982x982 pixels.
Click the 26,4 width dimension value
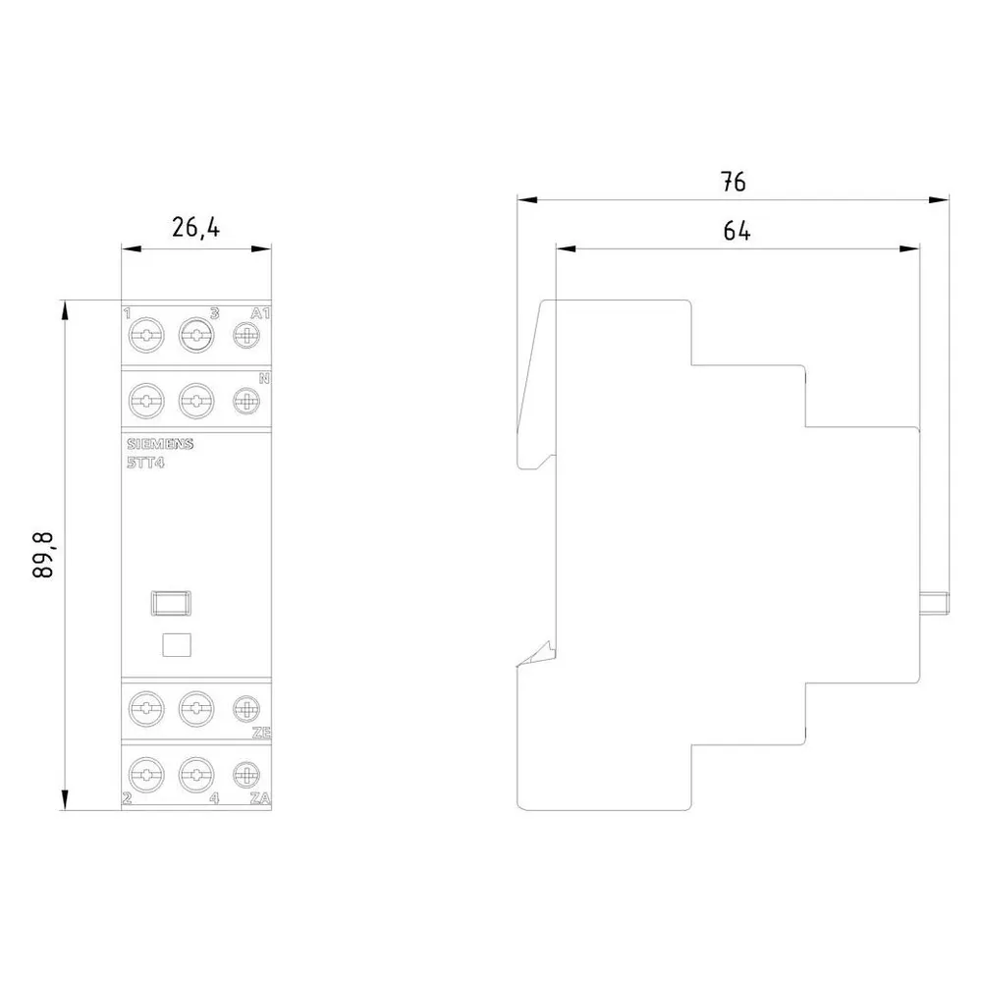(x=196, y=228)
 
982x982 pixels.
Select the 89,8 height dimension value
(x=44, y=555)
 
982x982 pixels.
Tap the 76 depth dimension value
(x=734, y=182)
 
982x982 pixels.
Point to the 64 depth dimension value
(x=736, y=231)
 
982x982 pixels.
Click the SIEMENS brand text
(x=160, y=444)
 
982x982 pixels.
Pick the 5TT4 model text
(x=145, y=464)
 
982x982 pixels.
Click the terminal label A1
(x=260, y=313)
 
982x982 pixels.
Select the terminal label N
(x=264, y=378)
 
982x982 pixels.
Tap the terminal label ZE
(x=261, y=733)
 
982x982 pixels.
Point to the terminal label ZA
(x=260, y=797)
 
